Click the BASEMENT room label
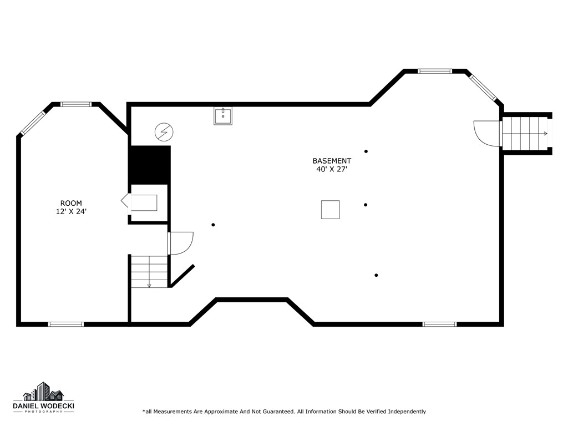[x=331, y=161]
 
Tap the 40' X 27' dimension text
[x=331, y=170]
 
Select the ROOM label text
[x=71, y=203]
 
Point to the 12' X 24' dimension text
[x=71, y=211]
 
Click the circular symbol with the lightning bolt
[x=164, y=132]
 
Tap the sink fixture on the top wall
[x=223, y=116]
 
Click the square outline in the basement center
[x=330, y=210]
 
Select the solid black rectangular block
[x=149, y=165]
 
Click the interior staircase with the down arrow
[x=149, y=271]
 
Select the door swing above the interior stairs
[x=180, y=243]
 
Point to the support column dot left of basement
[x=213, y=225]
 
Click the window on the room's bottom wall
[x=65, y=324]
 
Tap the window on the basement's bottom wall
[x=439, y=324]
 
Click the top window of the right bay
[x=435, y=71]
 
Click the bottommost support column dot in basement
[x=376, y=275]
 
